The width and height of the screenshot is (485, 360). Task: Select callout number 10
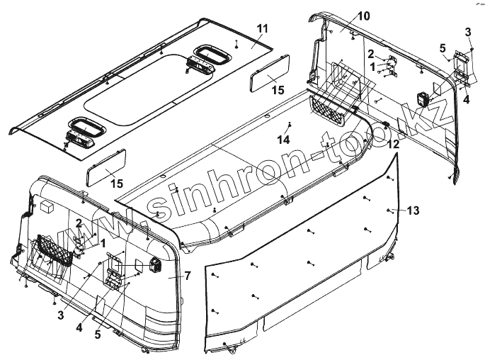coord(343,16)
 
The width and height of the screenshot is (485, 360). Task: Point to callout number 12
coord(392,144)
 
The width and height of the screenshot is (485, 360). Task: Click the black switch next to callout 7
coord(156,266)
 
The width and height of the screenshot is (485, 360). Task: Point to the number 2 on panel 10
coord(370,53)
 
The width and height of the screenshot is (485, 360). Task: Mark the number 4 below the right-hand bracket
coord(466,100)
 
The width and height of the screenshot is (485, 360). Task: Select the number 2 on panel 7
coord(78,224)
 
